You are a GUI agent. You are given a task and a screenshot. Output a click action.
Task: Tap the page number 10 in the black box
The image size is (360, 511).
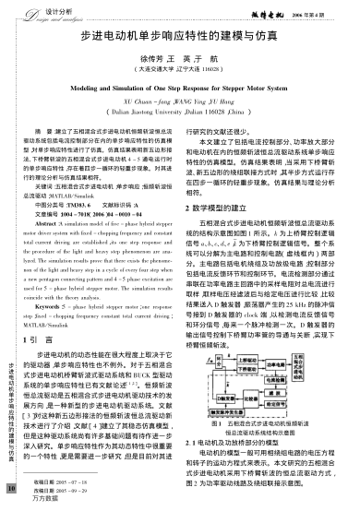(x=10, y=486)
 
